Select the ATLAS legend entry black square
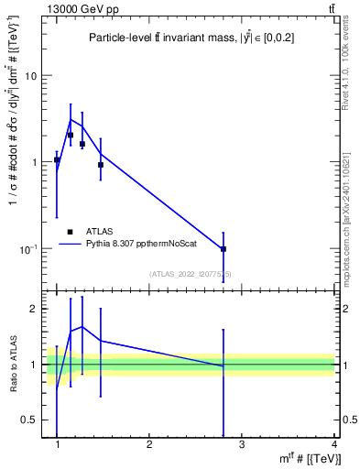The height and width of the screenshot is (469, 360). (x=70, y=232)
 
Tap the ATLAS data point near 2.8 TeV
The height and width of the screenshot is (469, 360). (x=224, y=249)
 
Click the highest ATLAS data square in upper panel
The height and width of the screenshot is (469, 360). (x=71, y=135)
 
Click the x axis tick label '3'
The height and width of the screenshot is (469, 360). (x=242, y=445)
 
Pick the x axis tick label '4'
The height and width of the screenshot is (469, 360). (x=333, y=445)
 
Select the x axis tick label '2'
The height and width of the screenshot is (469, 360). (x=149, y=445)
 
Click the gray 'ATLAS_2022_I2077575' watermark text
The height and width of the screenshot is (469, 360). (x=191, y=274)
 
